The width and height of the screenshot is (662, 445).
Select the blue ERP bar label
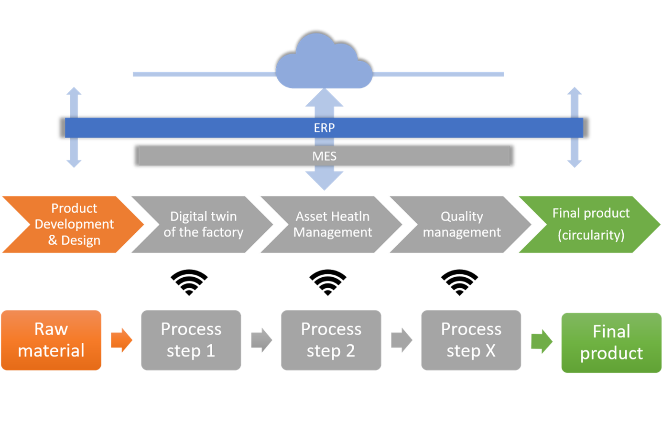click(324, 128)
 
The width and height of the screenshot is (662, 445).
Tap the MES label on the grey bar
click(324, 156)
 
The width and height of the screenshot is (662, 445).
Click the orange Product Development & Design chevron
click(74, 224)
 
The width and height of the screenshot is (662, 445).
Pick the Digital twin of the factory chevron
click(203, 224)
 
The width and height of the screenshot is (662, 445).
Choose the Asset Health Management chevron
click(333, 224)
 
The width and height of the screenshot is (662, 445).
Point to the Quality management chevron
click(462, 224)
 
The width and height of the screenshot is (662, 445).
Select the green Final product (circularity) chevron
click(591, 224)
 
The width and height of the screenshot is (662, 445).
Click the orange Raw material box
click(51, 340)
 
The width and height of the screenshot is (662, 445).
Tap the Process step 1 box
click(191, 340)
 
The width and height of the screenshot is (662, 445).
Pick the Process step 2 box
click(331, 340)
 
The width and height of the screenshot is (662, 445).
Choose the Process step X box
click(471, 340)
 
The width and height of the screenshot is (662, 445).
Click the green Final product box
click(611, 342)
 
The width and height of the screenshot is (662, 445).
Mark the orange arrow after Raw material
click(121, 340)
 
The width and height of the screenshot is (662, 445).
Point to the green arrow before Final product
click(542, 341)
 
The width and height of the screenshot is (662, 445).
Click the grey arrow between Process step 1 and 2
click(261, 340)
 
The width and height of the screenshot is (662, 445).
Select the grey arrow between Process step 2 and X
click(402, 340)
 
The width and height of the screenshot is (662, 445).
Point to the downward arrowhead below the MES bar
click(324, 181)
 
